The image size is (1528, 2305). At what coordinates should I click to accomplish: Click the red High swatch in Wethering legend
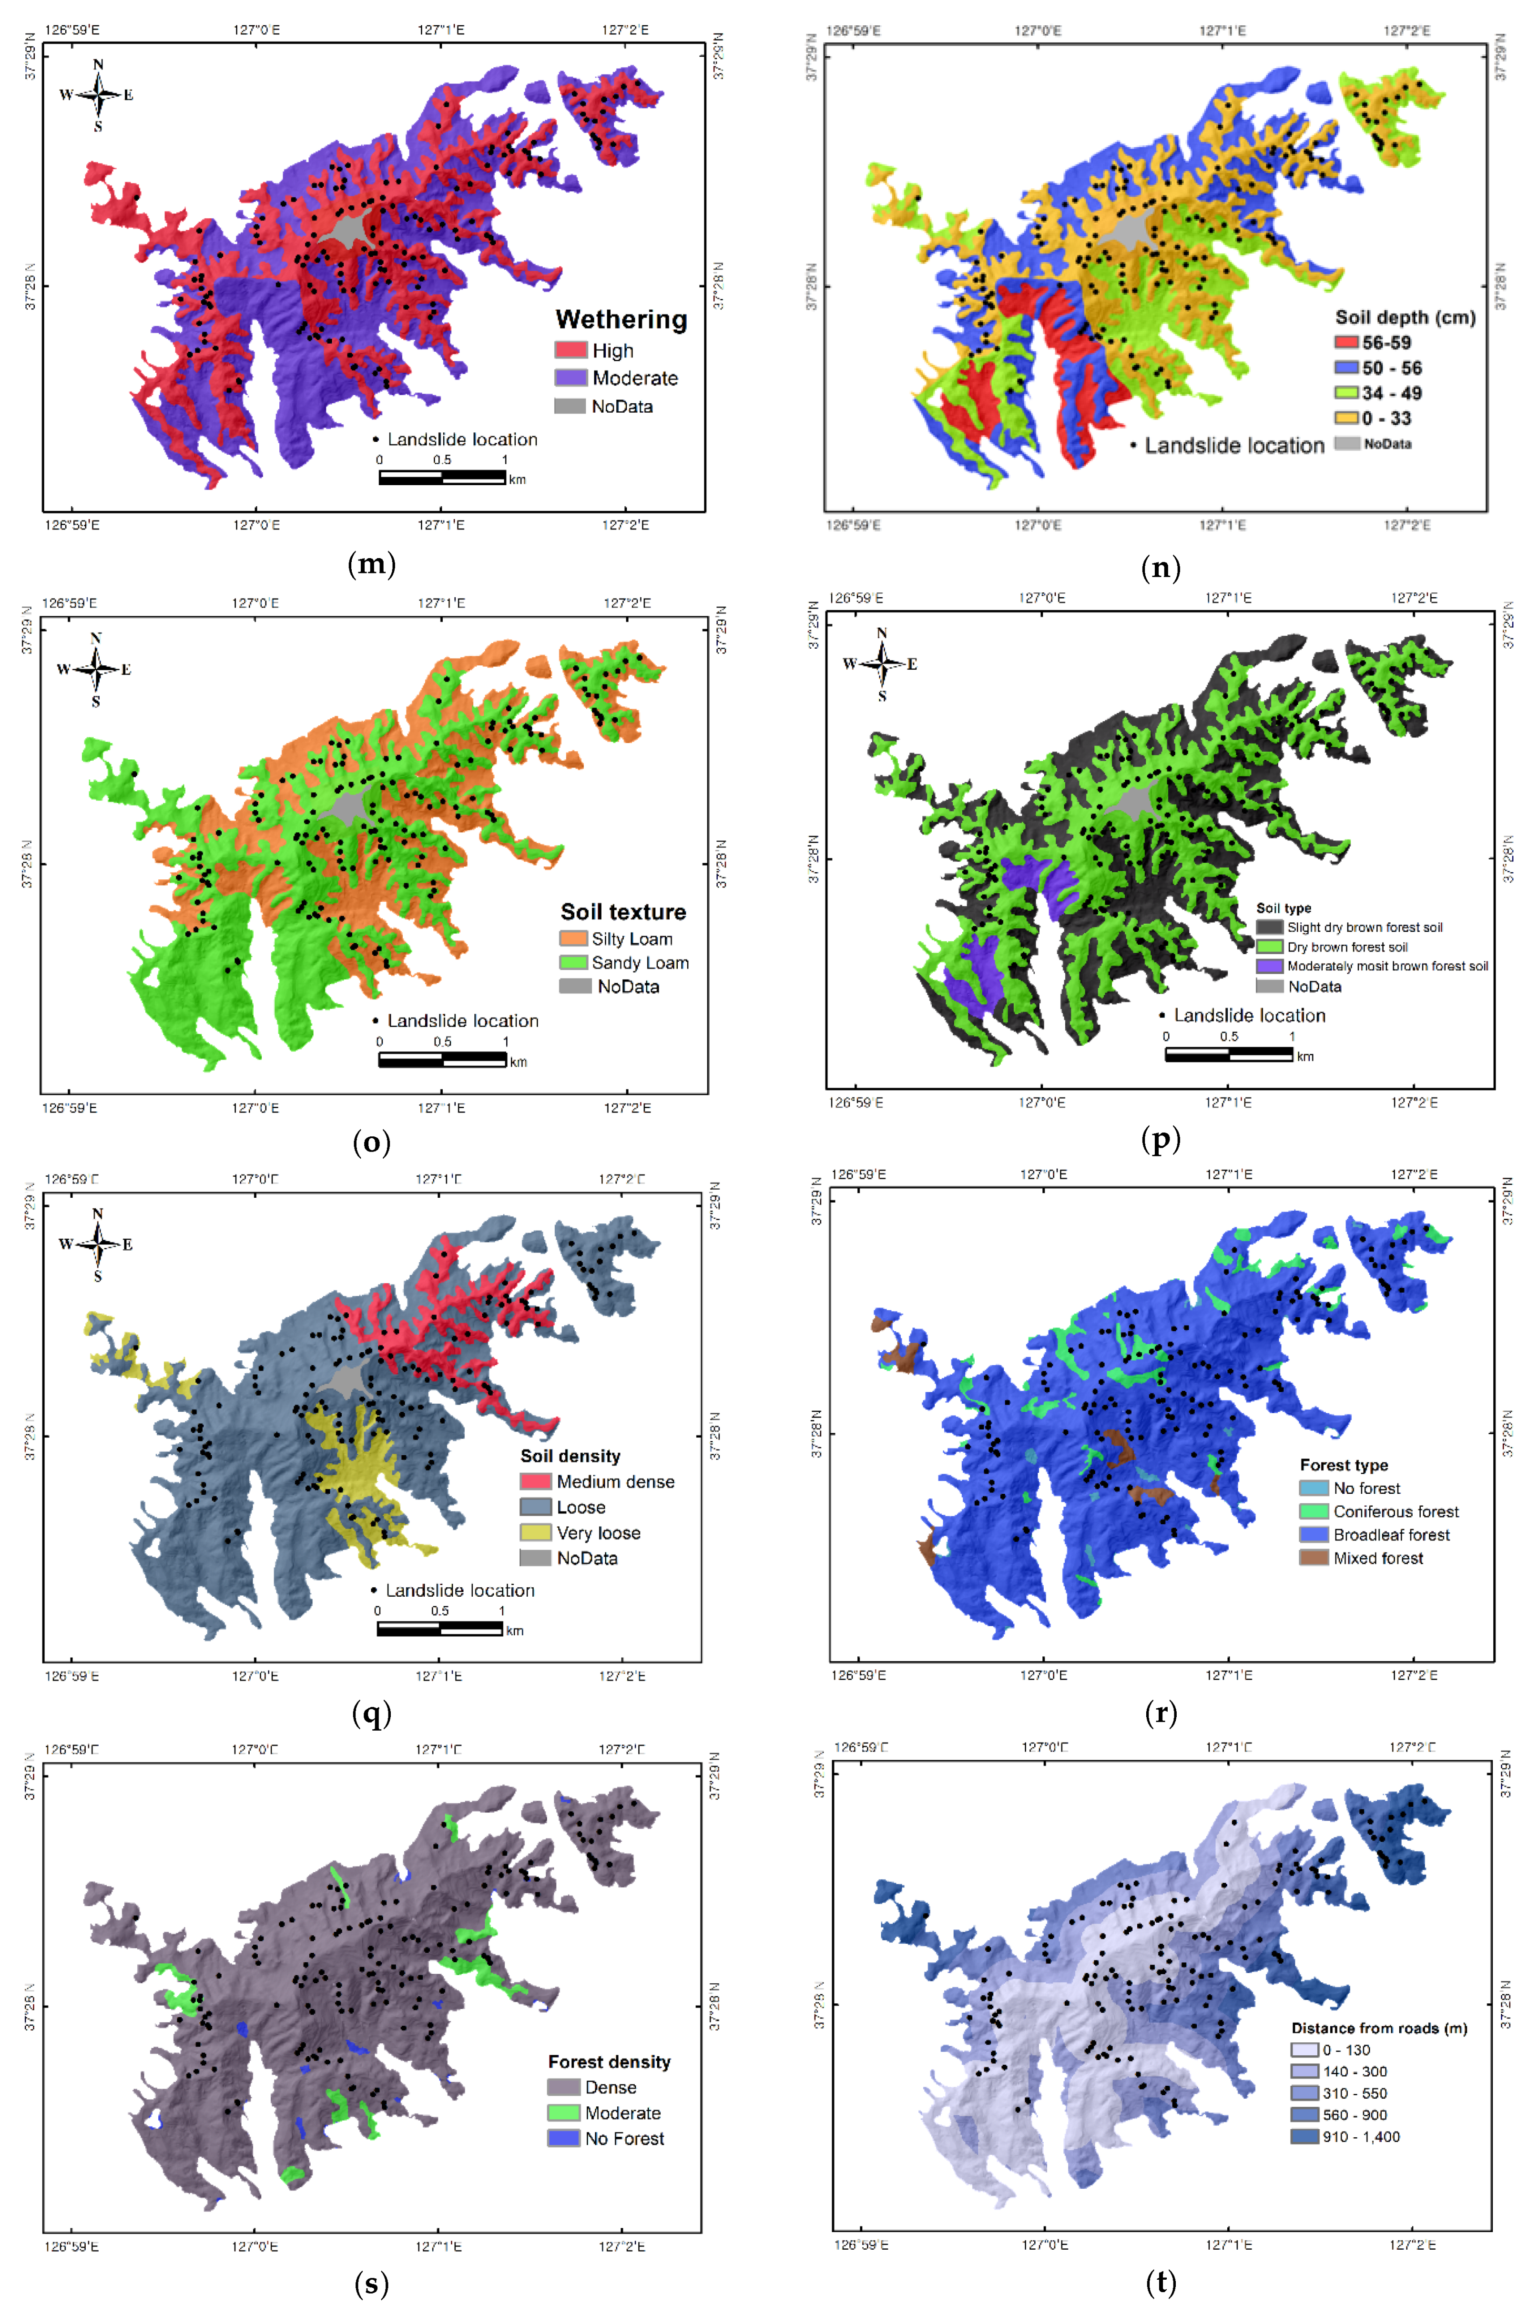[570, 350]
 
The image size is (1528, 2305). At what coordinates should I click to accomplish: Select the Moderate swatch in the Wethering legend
[570, 377]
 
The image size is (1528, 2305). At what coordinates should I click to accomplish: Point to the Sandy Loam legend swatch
[574, 962]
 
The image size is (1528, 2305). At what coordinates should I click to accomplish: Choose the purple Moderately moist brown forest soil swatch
[1269, 966]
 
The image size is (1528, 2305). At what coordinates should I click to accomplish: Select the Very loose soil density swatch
[535, 1532]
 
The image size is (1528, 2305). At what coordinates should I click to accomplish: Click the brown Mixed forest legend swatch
[1314, 1558]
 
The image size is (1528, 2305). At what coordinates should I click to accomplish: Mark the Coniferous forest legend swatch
[1314, 1510]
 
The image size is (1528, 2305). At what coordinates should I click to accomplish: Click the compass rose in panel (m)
[97, 94]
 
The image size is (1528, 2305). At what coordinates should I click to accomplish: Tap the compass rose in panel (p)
[882, 664]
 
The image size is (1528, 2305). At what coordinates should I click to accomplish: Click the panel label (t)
[1160, 2282]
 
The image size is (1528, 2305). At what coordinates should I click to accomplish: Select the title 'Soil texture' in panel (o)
[623, 911]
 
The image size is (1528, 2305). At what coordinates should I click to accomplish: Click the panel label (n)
[1160, 567]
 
